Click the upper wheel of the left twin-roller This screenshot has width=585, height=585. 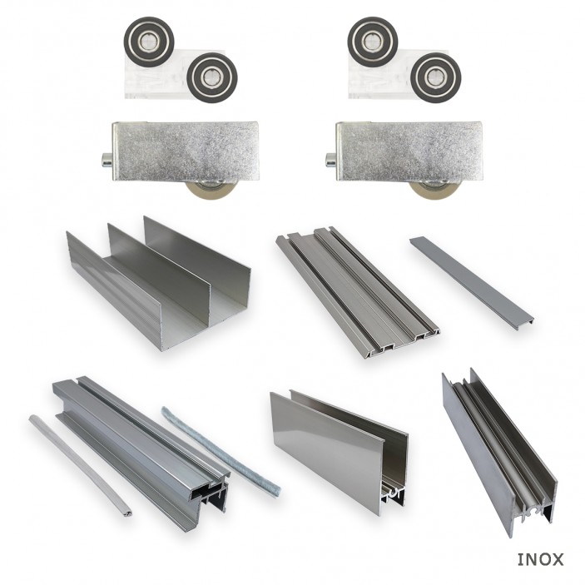pos(149,38)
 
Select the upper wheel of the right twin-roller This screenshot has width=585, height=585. pos(373,38)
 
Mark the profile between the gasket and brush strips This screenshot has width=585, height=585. pos(141,449)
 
